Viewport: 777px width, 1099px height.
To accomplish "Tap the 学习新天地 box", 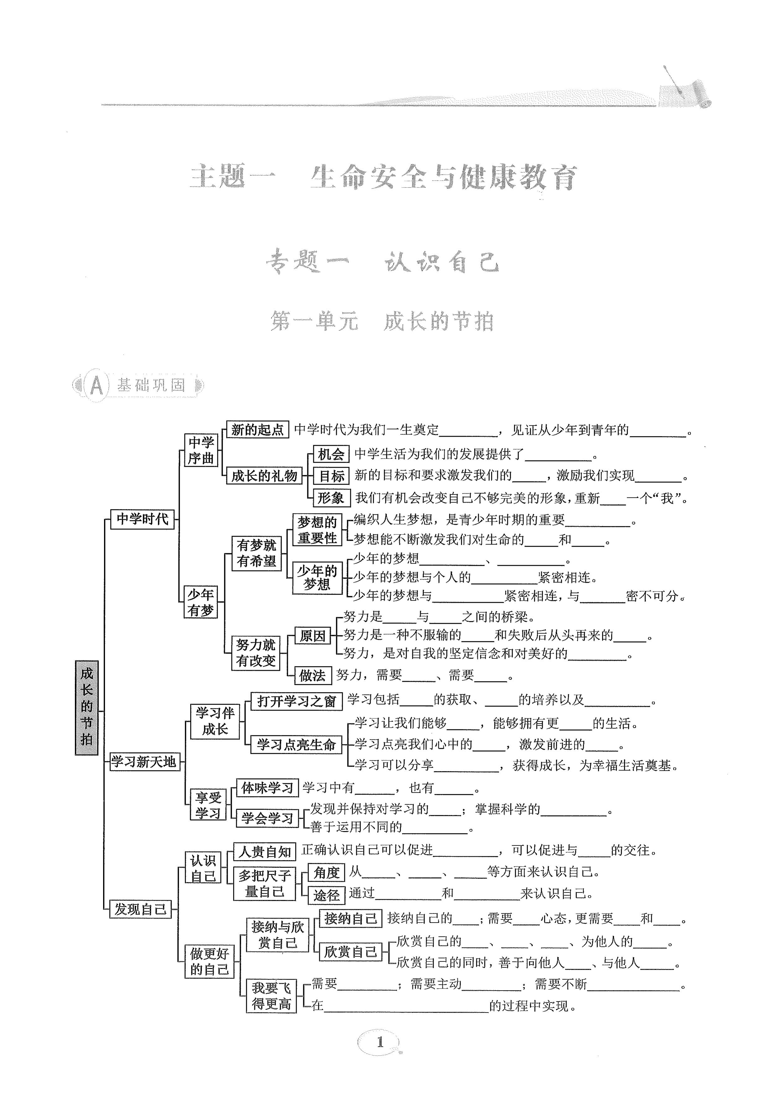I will point(143,761).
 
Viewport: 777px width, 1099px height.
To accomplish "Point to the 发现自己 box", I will point(140,909).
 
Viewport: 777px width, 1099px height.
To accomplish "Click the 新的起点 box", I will point(257,430).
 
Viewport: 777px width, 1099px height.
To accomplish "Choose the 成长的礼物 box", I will point(264,476).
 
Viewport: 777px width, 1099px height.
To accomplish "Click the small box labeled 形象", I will point(331,498).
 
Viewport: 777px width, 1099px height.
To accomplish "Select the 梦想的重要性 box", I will point(317,530).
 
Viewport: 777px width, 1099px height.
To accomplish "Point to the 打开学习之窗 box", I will point(296,701).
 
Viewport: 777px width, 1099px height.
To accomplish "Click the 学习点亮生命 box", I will point(296,745).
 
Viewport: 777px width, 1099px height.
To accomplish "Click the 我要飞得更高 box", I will point(271,996).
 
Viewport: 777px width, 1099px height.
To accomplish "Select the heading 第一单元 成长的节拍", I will point(382,321).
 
